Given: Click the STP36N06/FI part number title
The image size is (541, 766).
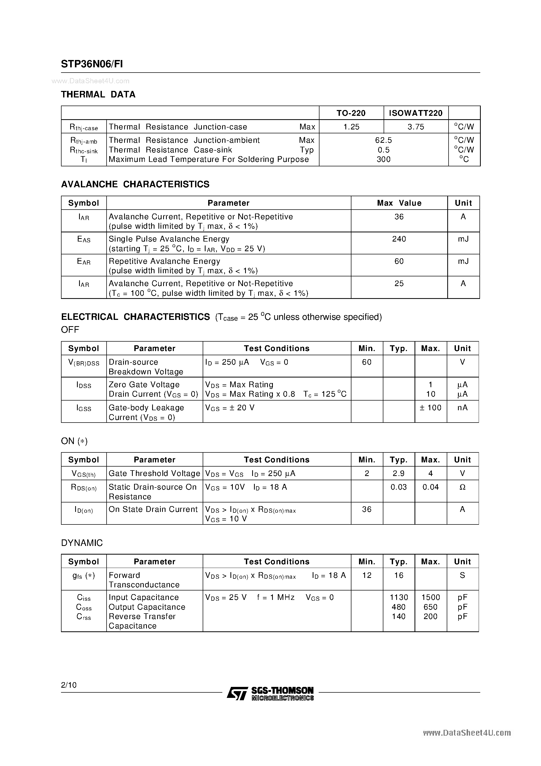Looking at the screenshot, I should pyautogui.click(x=92, y=64).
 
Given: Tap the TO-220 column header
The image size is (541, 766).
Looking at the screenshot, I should pyautogui.click(x=351, y=113).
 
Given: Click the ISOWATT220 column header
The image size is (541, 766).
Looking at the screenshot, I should pyautogui.click(x=416, y=113).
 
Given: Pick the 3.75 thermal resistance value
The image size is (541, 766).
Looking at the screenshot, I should pyautogui.click(x=416, y=127).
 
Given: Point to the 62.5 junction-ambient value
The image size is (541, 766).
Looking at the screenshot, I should pyautogui.click(x=383, y=140).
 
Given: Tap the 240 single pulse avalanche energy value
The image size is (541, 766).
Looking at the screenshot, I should pyautogui.click(x=399, y=239).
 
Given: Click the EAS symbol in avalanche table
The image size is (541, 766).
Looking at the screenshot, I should pyautogui.click(x=84, y=239).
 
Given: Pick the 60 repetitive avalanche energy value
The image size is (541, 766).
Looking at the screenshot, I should pyautogui.click(x=399, y=261).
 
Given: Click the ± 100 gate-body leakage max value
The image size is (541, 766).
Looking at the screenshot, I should pyautogui.click(x=430, y=408).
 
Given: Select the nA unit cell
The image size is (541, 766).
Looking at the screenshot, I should pyautogui.click(x=462, y=408).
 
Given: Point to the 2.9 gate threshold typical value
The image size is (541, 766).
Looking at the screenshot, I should pyautogui.click(x=399, y=473).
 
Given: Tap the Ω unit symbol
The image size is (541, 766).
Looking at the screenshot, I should pyautogui.click(x=462, y=487).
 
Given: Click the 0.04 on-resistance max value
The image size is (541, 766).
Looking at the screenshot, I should pyautogui.click(x=430, y=487).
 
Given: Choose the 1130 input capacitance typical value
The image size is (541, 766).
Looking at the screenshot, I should pyautogui.click(x=399, y=597).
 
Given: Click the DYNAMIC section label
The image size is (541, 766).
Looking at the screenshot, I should pyautogui.click(x=82, y=543).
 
